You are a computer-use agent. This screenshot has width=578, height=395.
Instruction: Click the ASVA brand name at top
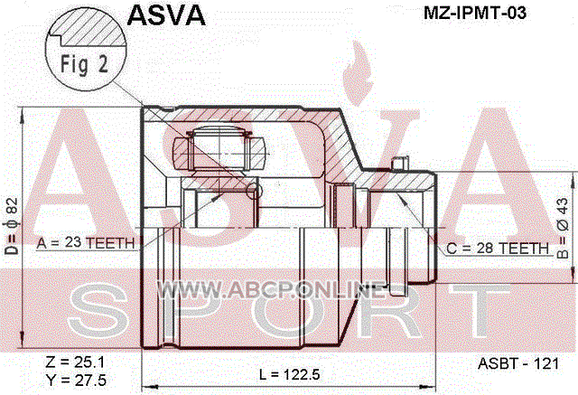(166, 16)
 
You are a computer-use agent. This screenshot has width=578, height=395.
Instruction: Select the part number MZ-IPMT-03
(475, 14)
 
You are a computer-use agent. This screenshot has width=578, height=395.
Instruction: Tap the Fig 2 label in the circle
(84, 63)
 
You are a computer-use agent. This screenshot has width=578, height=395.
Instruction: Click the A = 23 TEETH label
(86, 243)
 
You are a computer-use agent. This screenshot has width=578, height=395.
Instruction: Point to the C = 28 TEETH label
(498, 249)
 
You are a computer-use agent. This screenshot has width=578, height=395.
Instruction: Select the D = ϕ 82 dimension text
(12, 227)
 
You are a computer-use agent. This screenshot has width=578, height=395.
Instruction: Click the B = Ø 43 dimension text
(563, 229)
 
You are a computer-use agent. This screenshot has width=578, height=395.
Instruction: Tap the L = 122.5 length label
(289, 375)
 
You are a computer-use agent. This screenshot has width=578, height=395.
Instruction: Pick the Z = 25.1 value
(75, 362)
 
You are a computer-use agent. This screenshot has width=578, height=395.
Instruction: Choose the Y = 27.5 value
(76, 380)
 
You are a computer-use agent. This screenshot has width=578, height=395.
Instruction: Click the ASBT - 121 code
(518, 363)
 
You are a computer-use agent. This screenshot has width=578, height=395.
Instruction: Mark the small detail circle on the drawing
(254, 191)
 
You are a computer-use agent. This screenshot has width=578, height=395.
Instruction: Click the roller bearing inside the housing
(219, 150)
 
